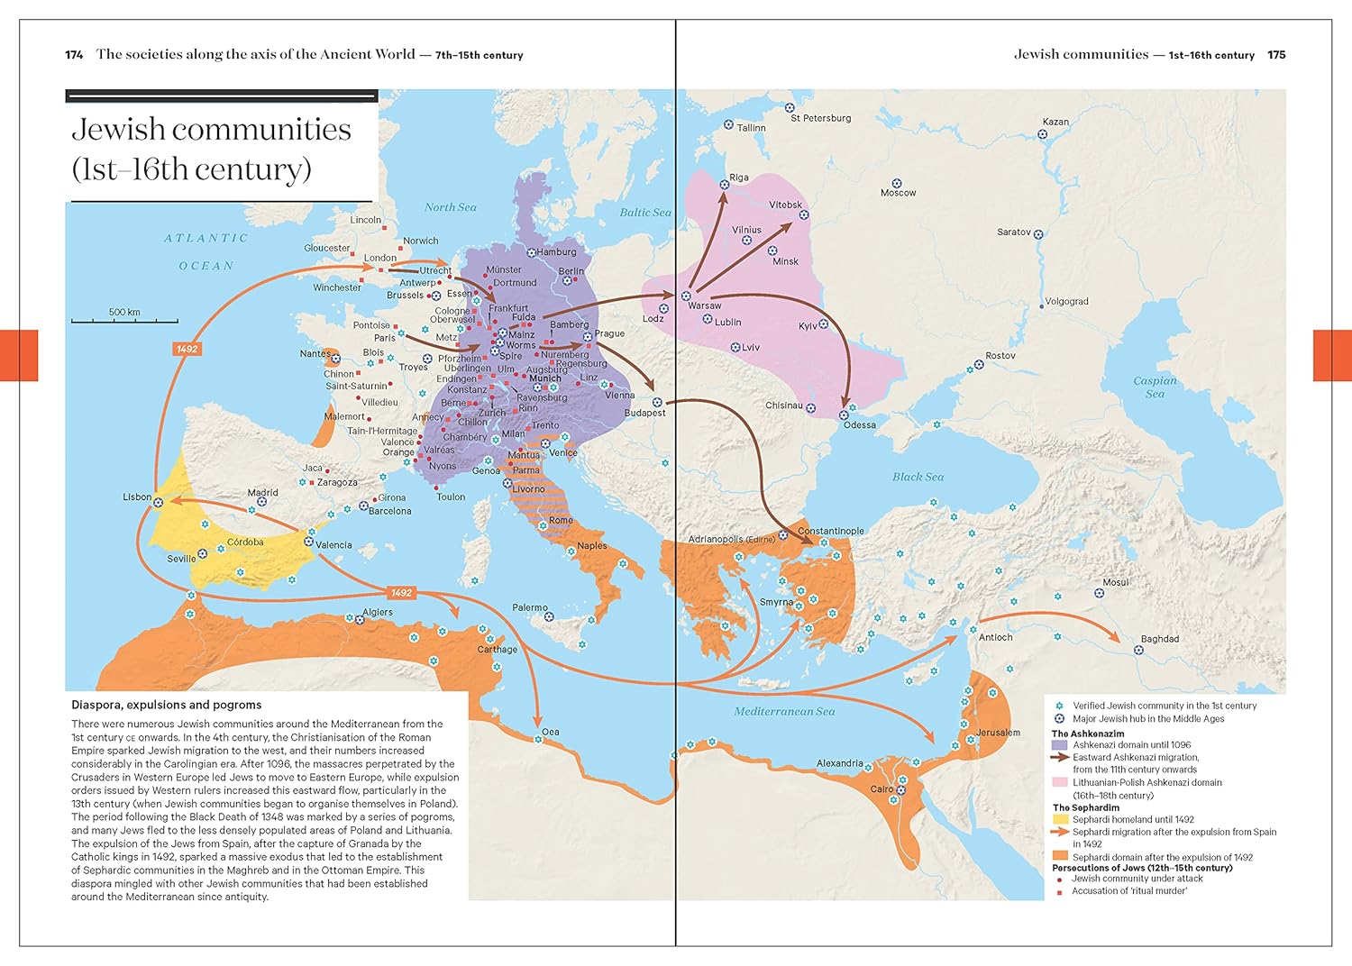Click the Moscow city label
point(898,193)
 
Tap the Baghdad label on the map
point(1159,639)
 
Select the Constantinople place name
point(830,531)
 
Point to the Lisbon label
point(137,497)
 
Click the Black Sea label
point(918,477)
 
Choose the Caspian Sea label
point(1155,387)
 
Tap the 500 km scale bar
point(124,319)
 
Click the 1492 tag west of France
point(187,349)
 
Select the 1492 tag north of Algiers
point(401,592)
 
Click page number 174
point(74,55)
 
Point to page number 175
point(1276,55)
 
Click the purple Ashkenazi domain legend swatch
point(1059,745)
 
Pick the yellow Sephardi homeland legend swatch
point(1059,819)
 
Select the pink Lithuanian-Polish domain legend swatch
point(1059,782)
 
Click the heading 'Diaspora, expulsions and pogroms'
point(167,705)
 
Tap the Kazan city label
point(1055,122)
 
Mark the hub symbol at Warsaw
point(686,296)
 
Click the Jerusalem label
point(998,733)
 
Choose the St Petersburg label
point(820,118)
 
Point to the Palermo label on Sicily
point(529,607)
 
